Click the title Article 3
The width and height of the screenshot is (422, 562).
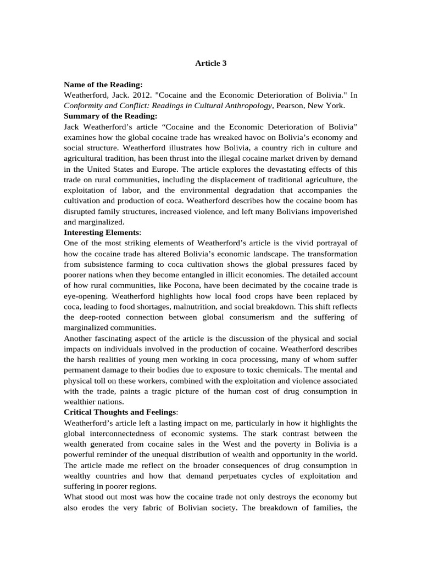211,63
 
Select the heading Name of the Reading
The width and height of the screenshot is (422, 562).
103,85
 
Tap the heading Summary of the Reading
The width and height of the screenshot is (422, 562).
110,116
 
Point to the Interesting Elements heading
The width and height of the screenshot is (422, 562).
102,232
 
